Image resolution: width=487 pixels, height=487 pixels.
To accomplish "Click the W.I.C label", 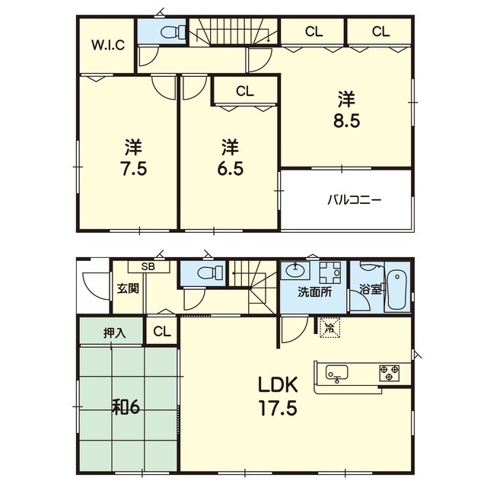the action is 108,46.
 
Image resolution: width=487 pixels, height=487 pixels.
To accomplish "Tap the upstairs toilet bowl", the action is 173,32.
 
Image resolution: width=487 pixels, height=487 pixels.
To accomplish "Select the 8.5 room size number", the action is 347,121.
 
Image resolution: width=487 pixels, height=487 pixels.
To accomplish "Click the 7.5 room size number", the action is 134,169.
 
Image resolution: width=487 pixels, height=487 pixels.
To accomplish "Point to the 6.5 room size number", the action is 230,169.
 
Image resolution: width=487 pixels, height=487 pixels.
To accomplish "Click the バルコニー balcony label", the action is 354,199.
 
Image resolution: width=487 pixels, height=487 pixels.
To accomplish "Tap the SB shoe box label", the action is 148,267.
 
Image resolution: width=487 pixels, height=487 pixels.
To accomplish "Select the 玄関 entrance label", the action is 128,288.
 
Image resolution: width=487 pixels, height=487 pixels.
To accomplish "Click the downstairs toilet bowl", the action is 210,273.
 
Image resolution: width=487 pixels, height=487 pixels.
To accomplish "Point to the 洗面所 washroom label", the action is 314,292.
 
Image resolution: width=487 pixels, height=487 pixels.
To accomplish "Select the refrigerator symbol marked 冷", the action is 329,327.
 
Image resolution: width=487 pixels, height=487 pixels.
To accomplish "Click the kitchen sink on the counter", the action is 336,372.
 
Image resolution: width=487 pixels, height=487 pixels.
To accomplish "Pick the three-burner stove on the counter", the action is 389,373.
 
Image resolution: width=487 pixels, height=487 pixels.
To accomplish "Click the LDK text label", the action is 278,385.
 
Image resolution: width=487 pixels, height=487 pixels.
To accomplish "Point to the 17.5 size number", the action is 279,408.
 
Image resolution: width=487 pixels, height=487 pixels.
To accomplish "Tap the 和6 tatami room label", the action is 126,407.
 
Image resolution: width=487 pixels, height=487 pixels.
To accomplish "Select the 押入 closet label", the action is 114,333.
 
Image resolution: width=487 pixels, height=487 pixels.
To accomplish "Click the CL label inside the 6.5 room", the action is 245,91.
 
